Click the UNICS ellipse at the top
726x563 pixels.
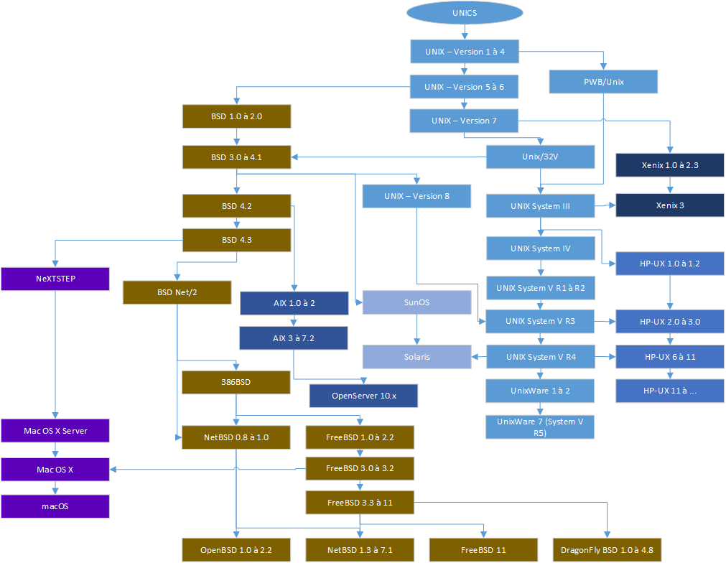(x=464, y=13)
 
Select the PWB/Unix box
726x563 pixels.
(x=604, y=82)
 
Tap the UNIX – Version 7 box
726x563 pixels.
(x=464, y=121)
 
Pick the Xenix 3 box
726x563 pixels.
(x=670, y=205)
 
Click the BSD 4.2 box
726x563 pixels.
(x=236, y=206)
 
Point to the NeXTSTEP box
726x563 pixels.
(x=55, y=279)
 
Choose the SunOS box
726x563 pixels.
(x=416, y=302)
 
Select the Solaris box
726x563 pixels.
(x=416, y=357)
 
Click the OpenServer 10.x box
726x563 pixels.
(x=363, y=396)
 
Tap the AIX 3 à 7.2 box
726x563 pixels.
(x=293, y=338)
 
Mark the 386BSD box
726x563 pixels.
(x=236, y=382)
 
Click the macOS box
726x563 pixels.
(x=55, y=506)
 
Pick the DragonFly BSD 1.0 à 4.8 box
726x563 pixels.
(x=608, y=550)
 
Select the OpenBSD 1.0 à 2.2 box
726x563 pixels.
(x=236, y=550)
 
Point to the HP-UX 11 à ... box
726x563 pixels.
(x=670, y=390)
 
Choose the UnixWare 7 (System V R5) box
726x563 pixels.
(x=540, y=427)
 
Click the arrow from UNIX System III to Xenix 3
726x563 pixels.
(x=605, y=206)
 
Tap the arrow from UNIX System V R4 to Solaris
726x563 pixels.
(x=479, y=357)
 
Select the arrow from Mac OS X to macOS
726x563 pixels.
(x=55, y=488)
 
